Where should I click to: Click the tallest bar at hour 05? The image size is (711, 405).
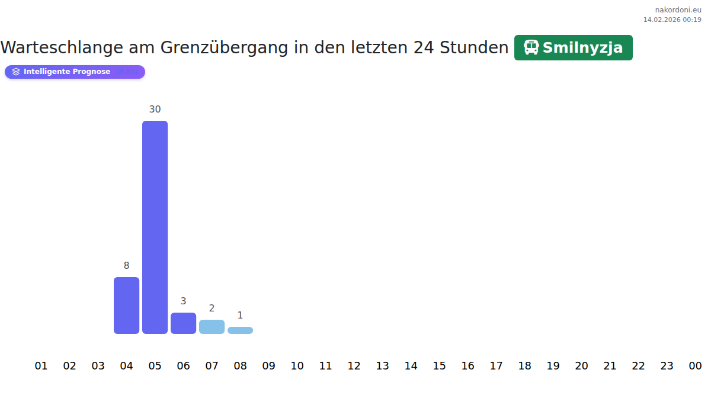[x=155, y=227]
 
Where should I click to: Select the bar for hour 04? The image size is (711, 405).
[x=126, y=306]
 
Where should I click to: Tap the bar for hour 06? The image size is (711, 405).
[x=183, y=323]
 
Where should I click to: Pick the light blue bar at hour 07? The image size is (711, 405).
[x=212, y=327]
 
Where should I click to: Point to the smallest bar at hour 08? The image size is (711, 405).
[x=240, y=330]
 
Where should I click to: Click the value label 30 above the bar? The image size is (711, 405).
[x=155, y=109]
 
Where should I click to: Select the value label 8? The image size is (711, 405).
[x=126, y=266]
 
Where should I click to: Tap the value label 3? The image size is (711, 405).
[x=183, y=301]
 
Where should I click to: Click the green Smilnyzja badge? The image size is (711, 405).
[x=573, y=47]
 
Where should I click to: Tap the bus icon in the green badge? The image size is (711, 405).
[x=531, y=47]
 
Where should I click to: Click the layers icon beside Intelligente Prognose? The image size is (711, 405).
[x=16, y=72]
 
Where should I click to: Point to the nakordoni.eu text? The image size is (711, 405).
[x=678, y=10]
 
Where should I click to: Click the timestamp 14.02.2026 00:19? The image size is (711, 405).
[x=672, y=20]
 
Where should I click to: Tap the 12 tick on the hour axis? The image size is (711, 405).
[x=354, y=366]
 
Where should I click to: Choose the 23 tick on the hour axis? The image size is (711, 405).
[x=667, y=366]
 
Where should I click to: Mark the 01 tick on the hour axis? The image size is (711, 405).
[x=41, y=366]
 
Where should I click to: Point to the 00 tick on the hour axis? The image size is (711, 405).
[x=695, y=366]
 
